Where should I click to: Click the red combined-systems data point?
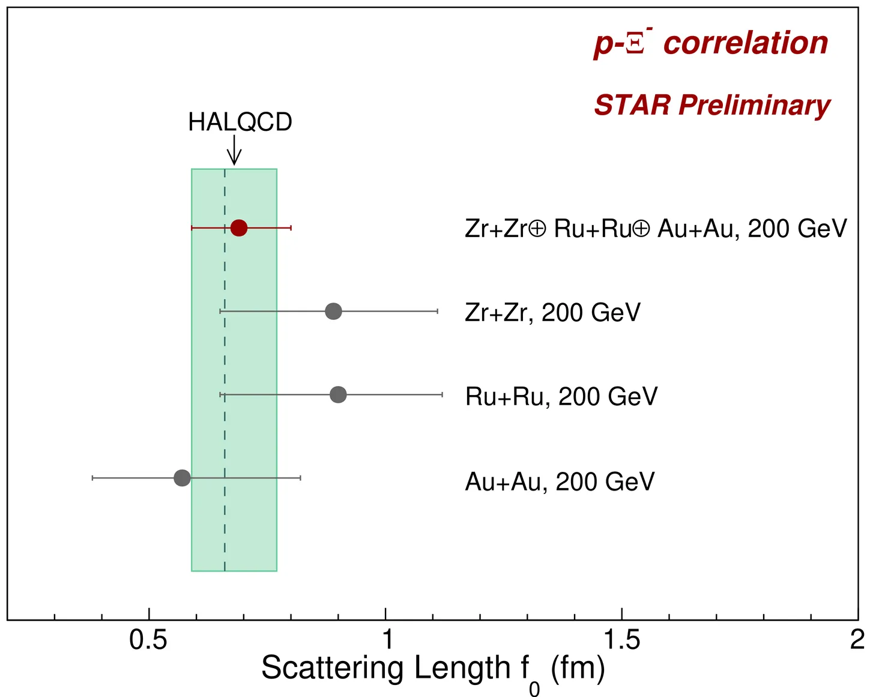pyautogui.click(x=239, y=228)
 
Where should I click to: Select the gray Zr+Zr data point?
pyautogui.click(x=333, y=312)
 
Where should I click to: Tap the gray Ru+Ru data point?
pyautogui.click(x=338, y=394)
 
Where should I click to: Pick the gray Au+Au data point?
pyautogui.click(x=182, y=478)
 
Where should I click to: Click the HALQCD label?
pyautogui.click(x=240, y=122)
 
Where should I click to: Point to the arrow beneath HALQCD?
pyautogui.click(x=234, y=150)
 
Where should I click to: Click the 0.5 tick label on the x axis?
pyautogui.click(x=148, y=641)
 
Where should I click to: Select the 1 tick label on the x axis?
pyautogui.click(x=387, y=641)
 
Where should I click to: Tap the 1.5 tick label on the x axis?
pyautogui.click(x=622, y=641)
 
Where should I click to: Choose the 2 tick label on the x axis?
pyautogui.click(x=857, y=641)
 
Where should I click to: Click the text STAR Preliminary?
pyautogui.click(x=712, y=106)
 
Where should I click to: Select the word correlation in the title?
pyautogui.click(x=746, y=43)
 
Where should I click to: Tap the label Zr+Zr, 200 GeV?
pyautogui.click(x=552, y=313)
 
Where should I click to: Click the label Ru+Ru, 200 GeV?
pyautogui.click(x=561, y=397)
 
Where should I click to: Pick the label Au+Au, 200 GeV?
pyautogui.click(x=560, y=481)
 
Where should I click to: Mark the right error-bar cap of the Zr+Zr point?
pyautogui.click(x=437, y=312)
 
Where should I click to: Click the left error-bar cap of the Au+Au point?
pyautogui.click(x=92, y=478)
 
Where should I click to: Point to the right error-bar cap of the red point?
pyautogui.click(x=291, y=228)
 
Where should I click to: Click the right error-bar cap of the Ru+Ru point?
pyautogui.click(x=442, y=394)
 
